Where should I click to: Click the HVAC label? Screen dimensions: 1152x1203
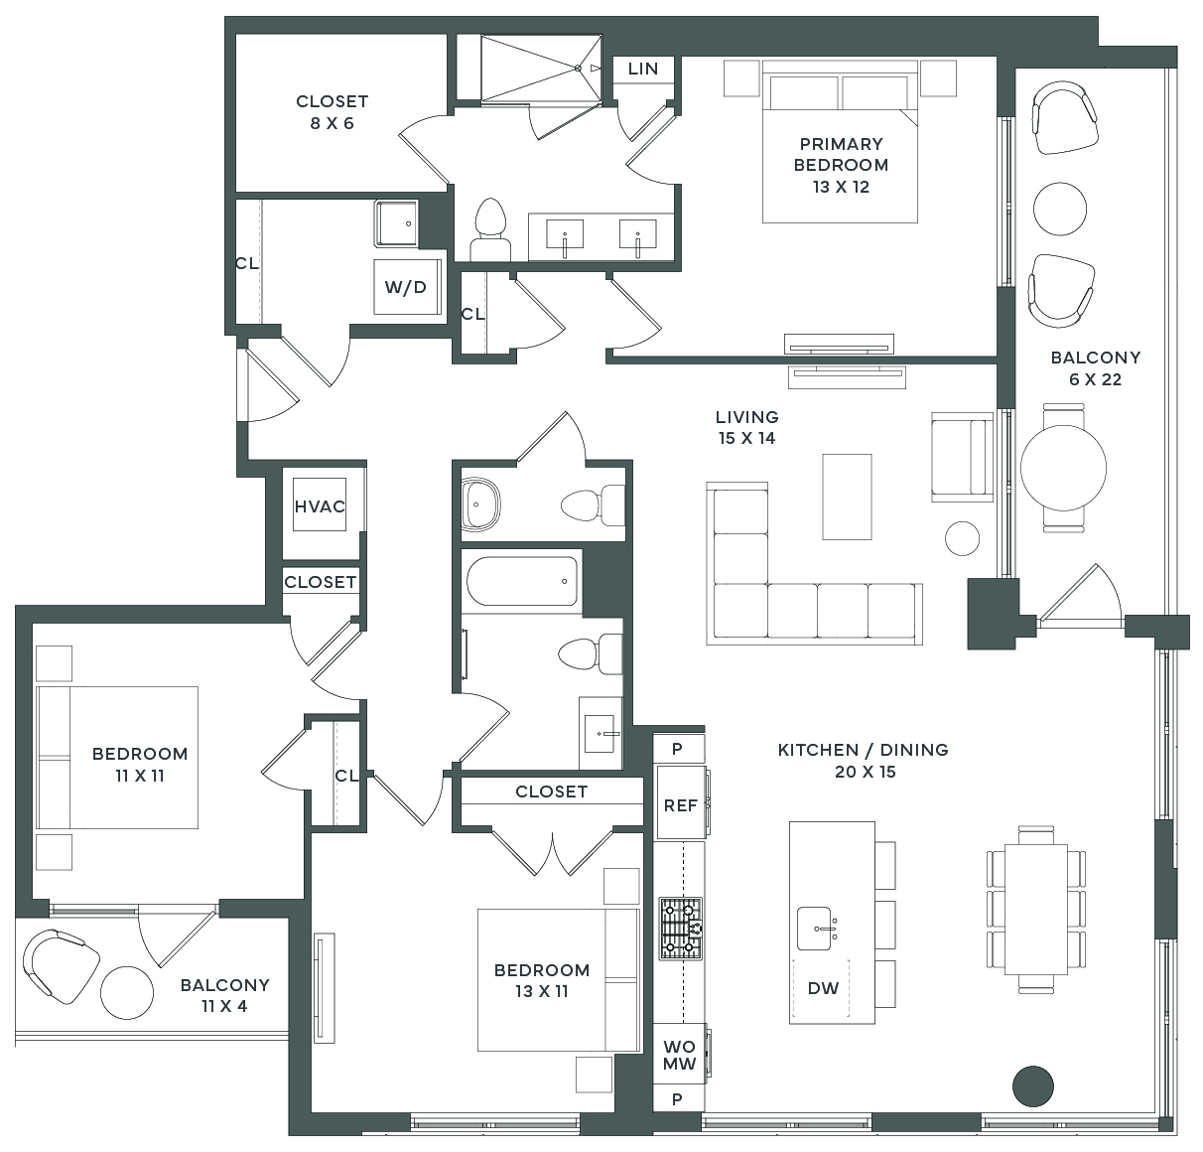(320, 506)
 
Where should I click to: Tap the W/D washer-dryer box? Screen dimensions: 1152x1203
(406, 287)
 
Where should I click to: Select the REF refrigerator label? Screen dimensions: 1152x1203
(680, 805)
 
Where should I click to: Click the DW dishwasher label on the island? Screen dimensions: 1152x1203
(823, 988)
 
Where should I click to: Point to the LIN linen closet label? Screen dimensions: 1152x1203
(643, 69)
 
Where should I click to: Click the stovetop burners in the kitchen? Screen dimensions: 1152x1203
(681, 929)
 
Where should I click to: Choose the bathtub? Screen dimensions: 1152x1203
(521, 581)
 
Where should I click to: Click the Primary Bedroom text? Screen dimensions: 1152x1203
(841, 165)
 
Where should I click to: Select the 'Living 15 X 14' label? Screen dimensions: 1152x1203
(746, 427)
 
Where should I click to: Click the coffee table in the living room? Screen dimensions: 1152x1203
(847, 497)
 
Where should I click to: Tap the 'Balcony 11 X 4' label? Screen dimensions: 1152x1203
(224, 995)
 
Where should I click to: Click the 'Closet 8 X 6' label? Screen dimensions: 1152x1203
(332, 112)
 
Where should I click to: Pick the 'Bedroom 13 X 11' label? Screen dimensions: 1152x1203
(542, 980)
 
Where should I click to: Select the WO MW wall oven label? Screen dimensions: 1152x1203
(680, 1056)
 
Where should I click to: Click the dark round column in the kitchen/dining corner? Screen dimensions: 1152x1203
(1032, 1086)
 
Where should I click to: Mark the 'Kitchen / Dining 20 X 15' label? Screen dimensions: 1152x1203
(864, 761)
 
